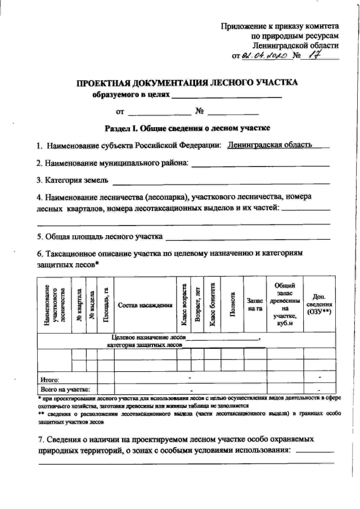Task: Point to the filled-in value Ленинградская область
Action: coord(269,145)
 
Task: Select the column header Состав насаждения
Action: coord(145,305)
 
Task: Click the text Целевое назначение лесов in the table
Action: coord(146,337)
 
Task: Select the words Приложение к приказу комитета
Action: coord(280,26)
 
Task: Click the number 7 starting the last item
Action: coord(40,437)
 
